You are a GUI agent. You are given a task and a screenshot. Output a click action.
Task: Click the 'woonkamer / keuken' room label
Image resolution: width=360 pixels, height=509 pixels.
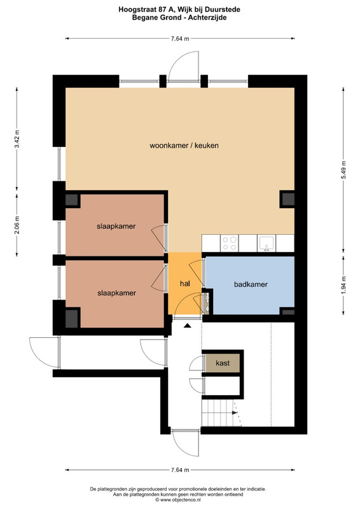(184, 146)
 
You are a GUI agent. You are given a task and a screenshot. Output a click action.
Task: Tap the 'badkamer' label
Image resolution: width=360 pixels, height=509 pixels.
(251, 284)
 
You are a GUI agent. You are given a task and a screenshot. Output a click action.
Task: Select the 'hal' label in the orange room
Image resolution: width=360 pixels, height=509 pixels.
(184, 283)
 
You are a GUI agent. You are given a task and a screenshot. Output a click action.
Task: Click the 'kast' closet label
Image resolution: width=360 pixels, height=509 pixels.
(223, 363)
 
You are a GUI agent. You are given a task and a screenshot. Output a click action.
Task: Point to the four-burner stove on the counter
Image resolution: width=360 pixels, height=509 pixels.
(229, 243)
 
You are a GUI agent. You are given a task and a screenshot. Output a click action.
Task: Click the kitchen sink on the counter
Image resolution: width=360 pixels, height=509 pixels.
(267, 243)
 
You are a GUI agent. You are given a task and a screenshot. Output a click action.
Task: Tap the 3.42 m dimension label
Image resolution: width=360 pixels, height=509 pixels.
(17, 139)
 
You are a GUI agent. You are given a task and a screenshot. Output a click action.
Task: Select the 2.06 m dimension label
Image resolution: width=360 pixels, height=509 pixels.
(17, 225)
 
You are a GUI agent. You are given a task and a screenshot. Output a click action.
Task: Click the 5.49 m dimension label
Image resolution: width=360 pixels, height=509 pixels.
(343, 169)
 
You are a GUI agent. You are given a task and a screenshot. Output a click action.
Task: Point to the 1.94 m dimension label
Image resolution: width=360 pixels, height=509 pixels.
(343, 285)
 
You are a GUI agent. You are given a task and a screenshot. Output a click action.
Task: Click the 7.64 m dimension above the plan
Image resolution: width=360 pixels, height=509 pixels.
(180, 39)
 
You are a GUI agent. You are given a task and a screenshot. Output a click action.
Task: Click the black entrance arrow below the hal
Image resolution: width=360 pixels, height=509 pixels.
(187, 325)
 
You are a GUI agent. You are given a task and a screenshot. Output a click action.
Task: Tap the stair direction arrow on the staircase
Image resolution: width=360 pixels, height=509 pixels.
(235, 412)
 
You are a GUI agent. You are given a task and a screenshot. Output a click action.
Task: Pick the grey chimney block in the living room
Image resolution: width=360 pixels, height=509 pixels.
(287, 199)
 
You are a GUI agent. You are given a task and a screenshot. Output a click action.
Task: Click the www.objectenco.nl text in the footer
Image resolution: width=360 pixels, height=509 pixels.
(180, 500)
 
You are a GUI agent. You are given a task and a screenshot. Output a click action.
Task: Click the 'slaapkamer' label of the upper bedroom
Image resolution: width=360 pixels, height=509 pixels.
(116, 227)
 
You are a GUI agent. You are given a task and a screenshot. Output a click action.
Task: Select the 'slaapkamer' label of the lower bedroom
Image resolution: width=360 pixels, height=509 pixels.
(117, 293)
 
